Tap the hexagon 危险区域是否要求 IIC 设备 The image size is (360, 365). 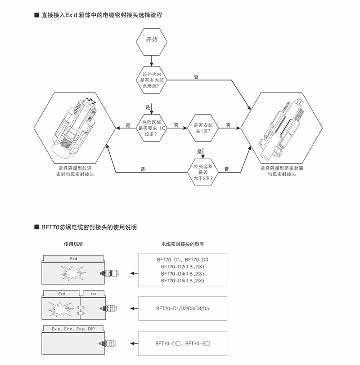tap(152, 128)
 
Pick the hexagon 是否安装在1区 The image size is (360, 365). tap(202, 128)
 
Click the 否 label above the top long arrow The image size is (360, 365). tap(196, 77)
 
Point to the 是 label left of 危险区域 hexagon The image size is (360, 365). tap(128, 125)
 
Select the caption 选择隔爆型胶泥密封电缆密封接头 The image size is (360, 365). tap(75, 170)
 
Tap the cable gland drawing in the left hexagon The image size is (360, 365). tap(75, 129)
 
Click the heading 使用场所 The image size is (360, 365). tap(73, 245)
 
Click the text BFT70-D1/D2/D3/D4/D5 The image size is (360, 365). tap(182, 308)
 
